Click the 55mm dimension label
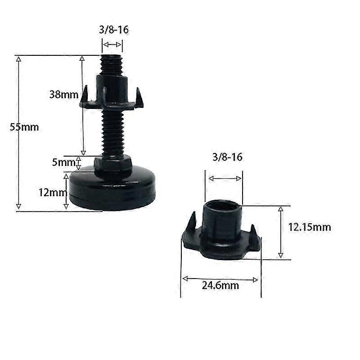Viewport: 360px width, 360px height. (25, 127)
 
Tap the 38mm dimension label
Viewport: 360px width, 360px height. (63, 94)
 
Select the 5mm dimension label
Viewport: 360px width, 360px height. (63, 162)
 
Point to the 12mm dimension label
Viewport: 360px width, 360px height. (50, 192)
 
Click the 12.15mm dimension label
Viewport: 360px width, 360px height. (310, 227)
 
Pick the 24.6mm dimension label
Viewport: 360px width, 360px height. (220, 285)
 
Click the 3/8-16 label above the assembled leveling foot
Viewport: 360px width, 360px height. (112, 31)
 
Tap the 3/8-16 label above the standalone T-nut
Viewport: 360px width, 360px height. (227, 157)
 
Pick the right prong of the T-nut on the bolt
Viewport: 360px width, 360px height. (139, 97)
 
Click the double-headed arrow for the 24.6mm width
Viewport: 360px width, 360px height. (220, 279)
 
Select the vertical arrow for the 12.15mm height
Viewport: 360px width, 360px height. (280, 232)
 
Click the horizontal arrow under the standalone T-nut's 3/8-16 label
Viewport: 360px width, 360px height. (225, 179)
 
